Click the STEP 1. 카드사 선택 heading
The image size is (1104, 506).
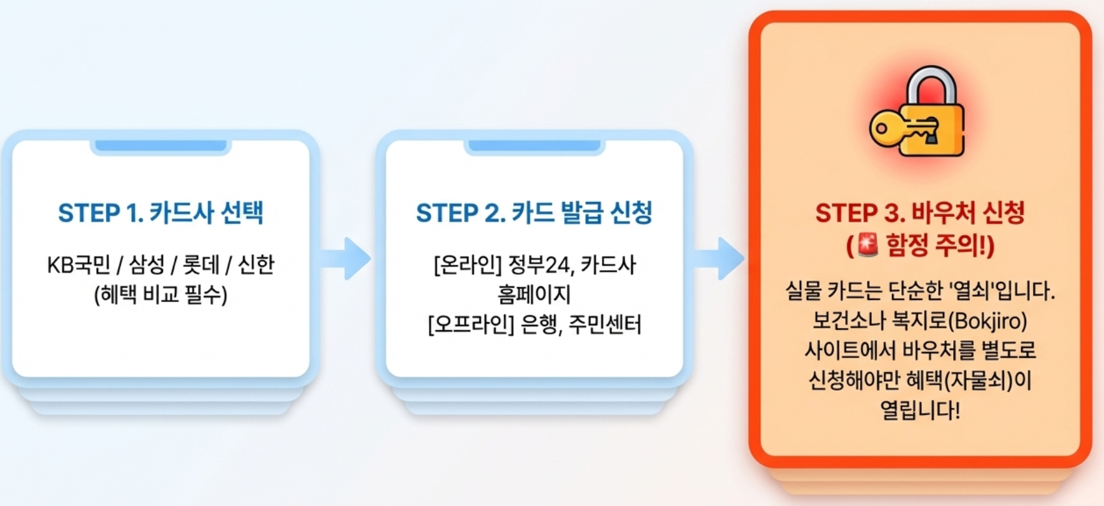click(x=161, y=213)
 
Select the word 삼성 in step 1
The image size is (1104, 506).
click(x=146, y=265)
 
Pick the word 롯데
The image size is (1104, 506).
click(x=201, y=265)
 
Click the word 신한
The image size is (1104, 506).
click(x=256, y=265)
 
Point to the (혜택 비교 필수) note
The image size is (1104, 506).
click(x=161, y=296)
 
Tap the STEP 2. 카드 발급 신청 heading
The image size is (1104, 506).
click(x=534, y=213)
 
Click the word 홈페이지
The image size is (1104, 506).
click(x=534, y=294)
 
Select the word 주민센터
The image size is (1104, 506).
click(x=605, y=324)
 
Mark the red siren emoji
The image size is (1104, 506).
click(x=867, y=246)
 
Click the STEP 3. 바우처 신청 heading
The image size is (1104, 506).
click(x=920, y=213)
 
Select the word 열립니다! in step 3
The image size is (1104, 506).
click(x=920, y=410)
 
